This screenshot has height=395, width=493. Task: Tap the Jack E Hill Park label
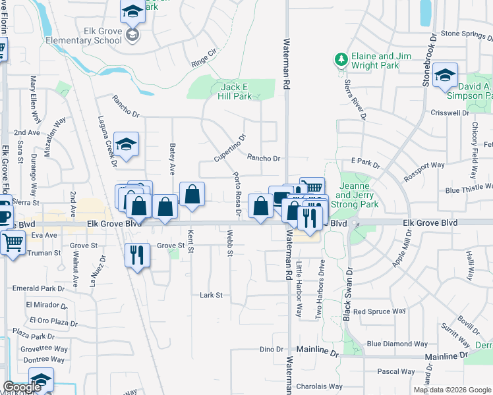click(x=235, y=92)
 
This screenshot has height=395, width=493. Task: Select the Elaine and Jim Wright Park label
click(x=381, y=61)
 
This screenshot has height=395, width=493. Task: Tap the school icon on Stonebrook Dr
click(x=446, y=74)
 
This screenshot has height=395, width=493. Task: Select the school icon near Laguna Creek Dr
click(x=126, y=143)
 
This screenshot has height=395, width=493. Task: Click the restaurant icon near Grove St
click(x=136, y=253)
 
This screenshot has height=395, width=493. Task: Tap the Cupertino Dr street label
click(x=229, y=148)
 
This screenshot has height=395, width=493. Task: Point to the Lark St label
click(x=211, y=296)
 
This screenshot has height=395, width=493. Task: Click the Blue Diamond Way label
click(x=398, y=344)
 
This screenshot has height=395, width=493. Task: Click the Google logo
click(x=21, y=387)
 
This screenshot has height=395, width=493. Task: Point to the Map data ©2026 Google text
click(x=451, y=390)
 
